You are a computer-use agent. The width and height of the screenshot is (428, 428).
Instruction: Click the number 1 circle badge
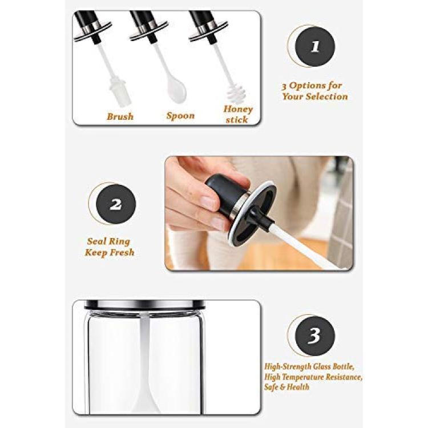pos(314,47)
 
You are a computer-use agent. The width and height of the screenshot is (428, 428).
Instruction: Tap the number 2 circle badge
pos(116,204)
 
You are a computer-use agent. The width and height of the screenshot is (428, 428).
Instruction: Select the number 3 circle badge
pos(314,336)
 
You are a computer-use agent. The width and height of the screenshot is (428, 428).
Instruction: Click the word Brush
pos(120,116)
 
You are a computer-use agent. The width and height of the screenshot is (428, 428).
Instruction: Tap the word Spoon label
pos(180,116)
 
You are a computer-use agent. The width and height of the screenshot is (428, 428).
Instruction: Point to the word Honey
pos(238,109)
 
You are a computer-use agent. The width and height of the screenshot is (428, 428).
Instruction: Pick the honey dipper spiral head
pos(236,94)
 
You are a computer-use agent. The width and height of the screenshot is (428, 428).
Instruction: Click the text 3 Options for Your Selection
pos(314,91)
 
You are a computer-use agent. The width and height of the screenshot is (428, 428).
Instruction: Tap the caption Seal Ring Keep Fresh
pos(110,247)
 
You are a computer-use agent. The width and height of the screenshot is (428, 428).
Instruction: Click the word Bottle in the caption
pos(342,366)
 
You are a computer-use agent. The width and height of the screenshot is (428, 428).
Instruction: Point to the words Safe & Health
pos(286,387)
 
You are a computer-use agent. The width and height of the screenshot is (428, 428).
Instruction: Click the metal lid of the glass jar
pos(144,305)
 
